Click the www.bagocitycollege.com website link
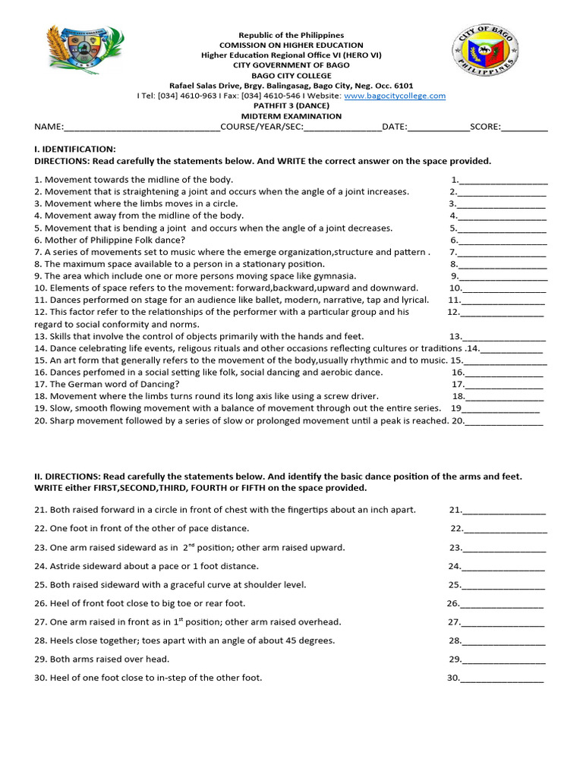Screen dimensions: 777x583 click(395, 96)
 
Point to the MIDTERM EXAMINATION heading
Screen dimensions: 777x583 click(291, 116)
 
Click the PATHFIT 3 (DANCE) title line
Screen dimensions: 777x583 click(291, 106)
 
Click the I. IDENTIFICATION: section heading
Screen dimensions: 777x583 click(75, 149)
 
